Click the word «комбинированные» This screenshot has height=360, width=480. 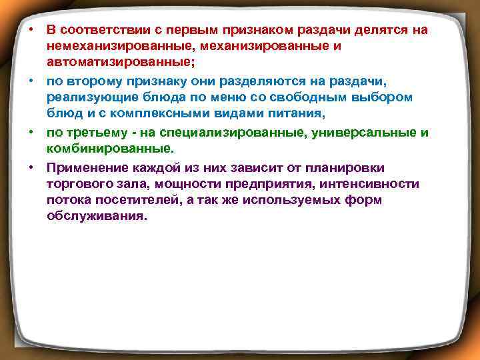[x=107, y=149]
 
